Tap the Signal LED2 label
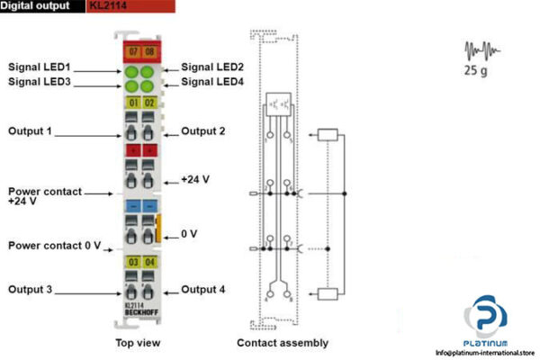pos(212,67)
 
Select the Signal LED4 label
pos(212,83)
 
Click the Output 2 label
pos(203,131)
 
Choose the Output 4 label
pos(203,290)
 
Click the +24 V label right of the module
pos(195,179)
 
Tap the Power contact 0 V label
pos(55,246)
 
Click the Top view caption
pos(139,343)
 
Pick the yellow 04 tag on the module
pos(148,262)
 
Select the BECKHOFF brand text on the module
pos(139,312)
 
